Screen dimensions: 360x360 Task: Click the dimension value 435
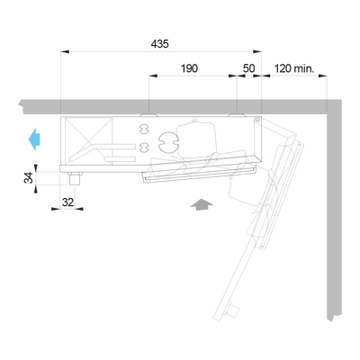[160, 44]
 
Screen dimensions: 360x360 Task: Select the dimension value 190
[189, 68]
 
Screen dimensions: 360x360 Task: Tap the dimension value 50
[248, 68]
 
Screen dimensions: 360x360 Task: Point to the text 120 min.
[294, 68]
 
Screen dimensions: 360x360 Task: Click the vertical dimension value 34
[29, 177]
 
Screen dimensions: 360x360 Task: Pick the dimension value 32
[67, 202]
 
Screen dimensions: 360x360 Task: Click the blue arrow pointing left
[34, 139]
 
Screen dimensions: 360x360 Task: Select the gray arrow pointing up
[202, 204]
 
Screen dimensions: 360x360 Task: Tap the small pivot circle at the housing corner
[257, 120]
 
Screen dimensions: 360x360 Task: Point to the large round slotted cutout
[168, 141]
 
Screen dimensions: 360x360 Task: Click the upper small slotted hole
[144, 129]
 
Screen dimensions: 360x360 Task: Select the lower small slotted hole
[144, 147]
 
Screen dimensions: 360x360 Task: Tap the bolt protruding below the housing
[75, 178]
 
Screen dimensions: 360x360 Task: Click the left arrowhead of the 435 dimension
[65, 51]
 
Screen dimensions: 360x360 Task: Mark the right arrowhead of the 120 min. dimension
[322, 76]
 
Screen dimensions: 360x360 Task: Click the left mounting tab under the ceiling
[148, 115]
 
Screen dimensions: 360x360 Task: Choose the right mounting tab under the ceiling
[237, 115]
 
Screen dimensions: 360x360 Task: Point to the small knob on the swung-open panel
[232, 310]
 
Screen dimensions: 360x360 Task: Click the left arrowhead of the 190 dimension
[153, 76]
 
